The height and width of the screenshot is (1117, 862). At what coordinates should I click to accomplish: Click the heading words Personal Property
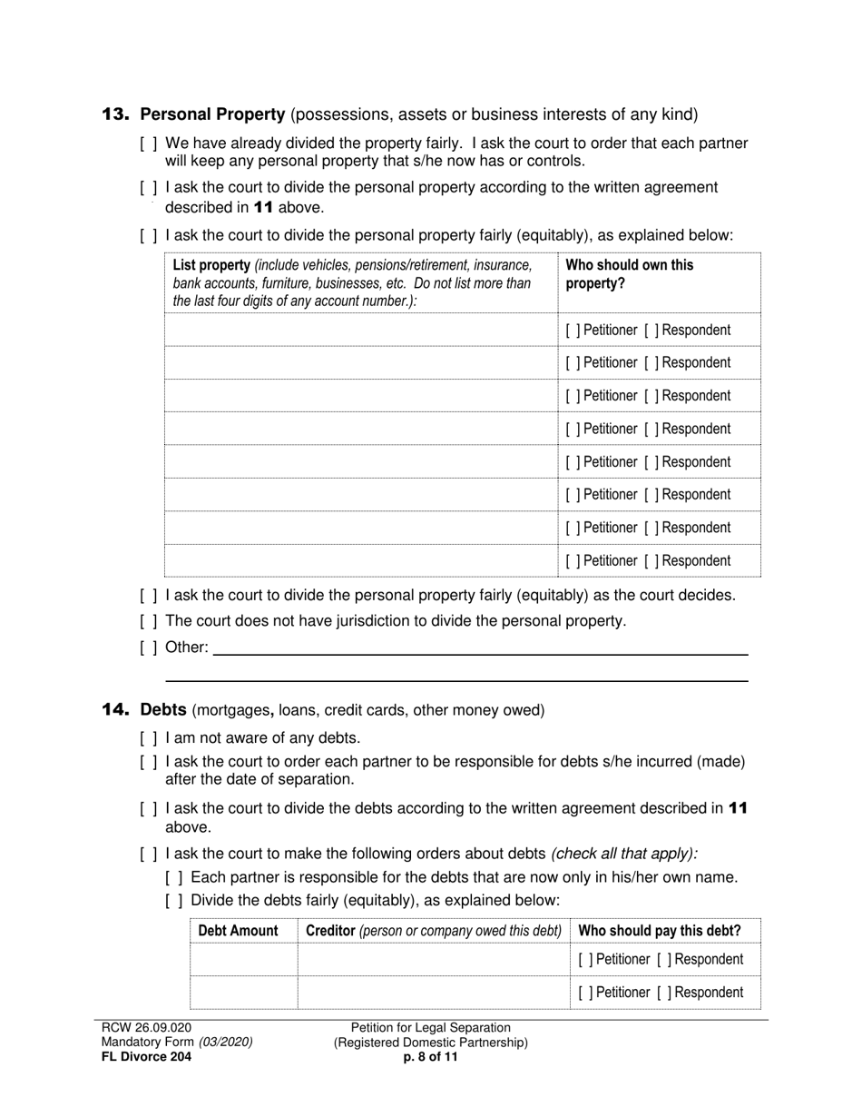pos(213,114)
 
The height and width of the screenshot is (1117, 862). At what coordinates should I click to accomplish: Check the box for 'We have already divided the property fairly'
pos(148,143)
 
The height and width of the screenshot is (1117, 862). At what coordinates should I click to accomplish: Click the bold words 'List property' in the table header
pos(211,265)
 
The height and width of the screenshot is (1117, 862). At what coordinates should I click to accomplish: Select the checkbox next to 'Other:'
pos(148,647)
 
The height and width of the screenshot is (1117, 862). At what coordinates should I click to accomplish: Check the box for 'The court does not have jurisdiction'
pos(148,621)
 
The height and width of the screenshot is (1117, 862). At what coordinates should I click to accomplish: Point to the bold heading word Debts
pos(163,709)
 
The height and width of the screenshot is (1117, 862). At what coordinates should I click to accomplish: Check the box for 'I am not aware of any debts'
pos(148,738)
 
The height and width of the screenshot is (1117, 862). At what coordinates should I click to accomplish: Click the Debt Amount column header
pos(238,931)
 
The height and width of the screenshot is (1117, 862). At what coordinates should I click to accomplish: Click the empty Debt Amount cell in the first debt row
pos(243,959)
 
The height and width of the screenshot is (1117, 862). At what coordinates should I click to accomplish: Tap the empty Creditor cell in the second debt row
pos(433,993)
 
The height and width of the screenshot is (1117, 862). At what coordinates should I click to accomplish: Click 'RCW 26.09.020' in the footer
pos(146,1028)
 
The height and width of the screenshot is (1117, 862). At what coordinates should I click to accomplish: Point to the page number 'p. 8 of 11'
pos(430,1057)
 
